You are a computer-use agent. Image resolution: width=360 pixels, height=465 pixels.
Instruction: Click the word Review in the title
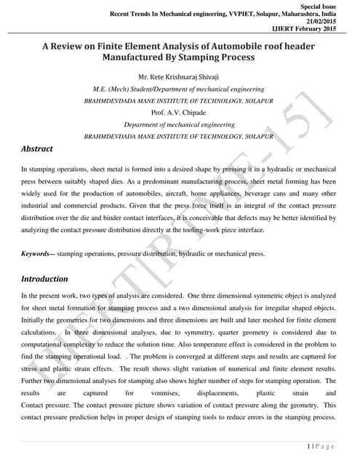pos(79,44)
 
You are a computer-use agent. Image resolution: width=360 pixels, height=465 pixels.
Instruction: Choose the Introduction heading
pos(44,278)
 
